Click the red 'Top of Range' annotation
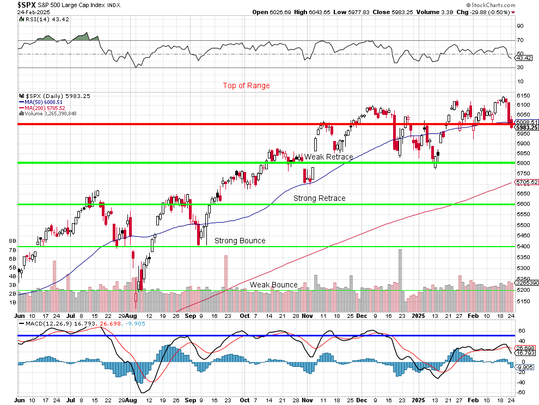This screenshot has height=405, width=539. pos(246,85)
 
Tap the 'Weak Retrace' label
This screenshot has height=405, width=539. pos(328,157)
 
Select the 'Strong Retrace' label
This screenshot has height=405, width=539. pos(319,198)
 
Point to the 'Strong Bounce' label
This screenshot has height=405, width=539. pos(240,241)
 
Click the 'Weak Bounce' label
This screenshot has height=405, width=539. pos(273,285)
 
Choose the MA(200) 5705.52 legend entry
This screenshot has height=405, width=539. pos(45,108)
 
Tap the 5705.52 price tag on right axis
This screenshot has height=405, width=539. pos(527,182)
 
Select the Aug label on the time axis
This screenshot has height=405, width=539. pos(131,315)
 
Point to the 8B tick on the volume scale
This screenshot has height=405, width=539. pos(12,240)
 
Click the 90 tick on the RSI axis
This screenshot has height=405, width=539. pos(520,26)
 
